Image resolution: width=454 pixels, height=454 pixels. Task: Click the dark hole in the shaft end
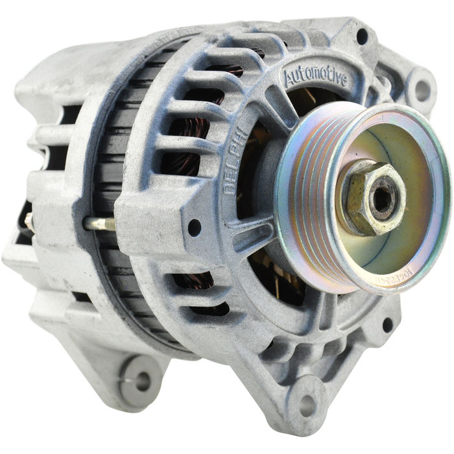(x=381, y=198)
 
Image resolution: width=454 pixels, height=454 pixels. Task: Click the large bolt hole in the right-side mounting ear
(x=422, y=90)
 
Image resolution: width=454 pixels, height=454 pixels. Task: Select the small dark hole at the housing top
(x=362, y=36)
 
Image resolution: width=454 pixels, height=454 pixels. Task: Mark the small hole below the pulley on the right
(x=387, y=324)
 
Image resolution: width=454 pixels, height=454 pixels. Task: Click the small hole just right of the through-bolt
(x=194, y=228)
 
